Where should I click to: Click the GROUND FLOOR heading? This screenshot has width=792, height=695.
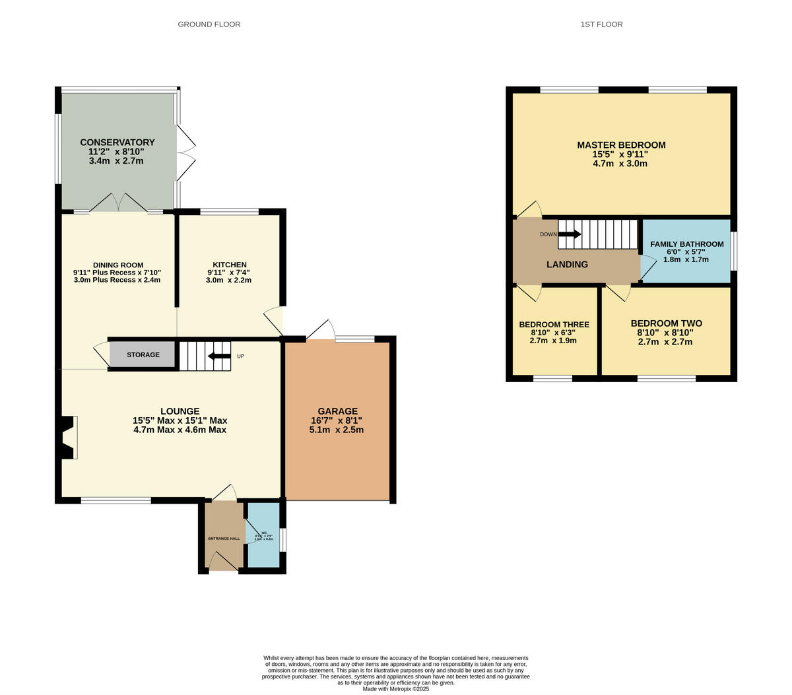pos(209,24)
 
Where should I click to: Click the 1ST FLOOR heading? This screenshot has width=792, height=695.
pos(601,24)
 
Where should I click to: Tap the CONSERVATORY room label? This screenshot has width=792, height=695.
pos(117,143)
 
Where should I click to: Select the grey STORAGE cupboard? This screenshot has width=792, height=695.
pos(143,355)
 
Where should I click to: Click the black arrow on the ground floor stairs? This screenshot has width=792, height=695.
pos(219,356)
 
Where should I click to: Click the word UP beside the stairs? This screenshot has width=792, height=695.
pos(240,356)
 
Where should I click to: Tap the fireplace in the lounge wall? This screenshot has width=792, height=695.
pos(68,437)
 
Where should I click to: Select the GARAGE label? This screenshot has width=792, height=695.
pos(337,411)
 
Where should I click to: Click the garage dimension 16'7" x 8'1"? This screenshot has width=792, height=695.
pos(337,420)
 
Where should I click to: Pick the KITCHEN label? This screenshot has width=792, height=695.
pos(230,265)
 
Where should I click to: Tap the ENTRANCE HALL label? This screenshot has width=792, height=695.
pos(224,539)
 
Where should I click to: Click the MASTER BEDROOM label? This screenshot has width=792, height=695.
pos(621,145)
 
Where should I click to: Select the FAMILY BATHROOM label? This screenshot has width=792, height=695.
pos(686,244)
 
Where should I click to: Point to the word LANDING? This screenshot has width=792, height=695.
pos(567,265)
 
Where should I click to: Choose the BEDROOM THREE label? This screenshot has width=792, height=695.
pos(554,325)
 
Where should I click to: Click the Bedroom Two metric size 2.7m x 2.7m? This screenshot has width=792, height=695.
pos(665,342)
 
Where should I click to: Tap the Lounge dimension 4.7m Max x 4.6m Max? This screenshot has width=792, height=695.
pos(180,430)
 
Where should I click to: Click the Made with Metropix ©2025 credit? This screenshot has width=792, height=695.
pos(396,689)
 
